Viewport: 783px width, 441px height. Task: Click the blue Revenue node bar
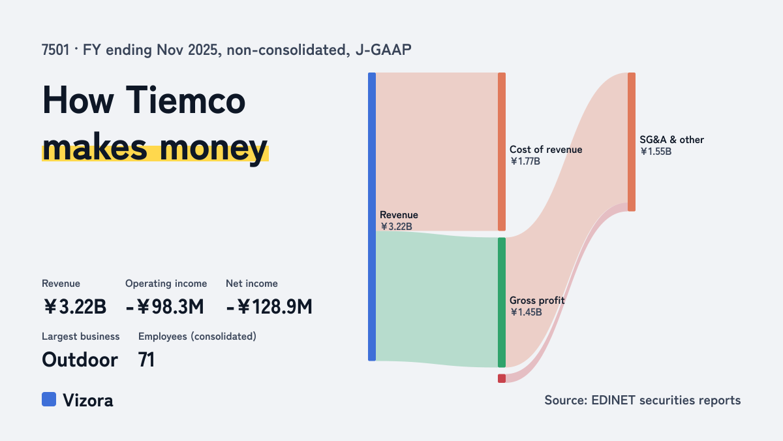(x=372, y=217)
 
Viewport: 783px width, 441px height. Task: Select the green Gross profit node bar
(x=502, y=302)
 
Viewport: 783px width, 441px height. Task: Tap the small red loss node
(x=502, y=378)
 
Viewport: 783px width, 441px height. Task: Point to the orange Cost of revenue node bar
(x=502, y=152)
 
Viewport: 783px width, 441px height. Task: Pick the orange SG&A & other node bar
(x=632, y=142)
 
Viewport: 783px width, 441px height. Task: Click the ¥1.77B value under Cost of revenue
(x=525, y=161)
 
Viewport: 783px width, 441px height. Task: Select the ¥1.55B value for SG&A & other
(x=656, y=152)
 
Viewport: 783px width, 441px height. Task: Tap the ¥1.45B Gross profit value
(x=526, y=312)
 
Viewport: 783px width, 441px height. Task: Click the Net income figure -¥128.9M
(x=269, y=307)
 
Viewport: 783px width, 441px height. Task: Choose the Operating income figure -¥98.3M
(x=164, y=307)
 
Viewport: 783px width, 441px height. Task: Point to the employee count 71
(x=146, y=360)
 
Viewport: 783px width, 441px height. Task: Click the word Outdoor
(x=80, y=360)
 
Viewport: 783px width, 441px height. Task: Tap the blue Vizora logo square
(x=49, y=399)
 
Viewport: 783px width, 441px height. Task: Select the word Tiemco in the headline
(x=185, y=101)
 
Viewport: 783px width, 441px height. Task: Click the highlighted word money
(x=213, y=148)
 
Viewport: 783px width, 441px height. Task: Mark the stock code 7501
(x=55, y=50)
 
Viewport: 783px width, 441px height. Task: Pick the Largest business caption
(x=81, y=336)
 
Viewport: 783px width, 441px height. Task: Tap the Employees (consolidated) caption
(x=197, y=336)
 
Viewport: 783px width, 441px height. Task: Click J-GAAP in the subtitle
(x=384, y=50)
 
